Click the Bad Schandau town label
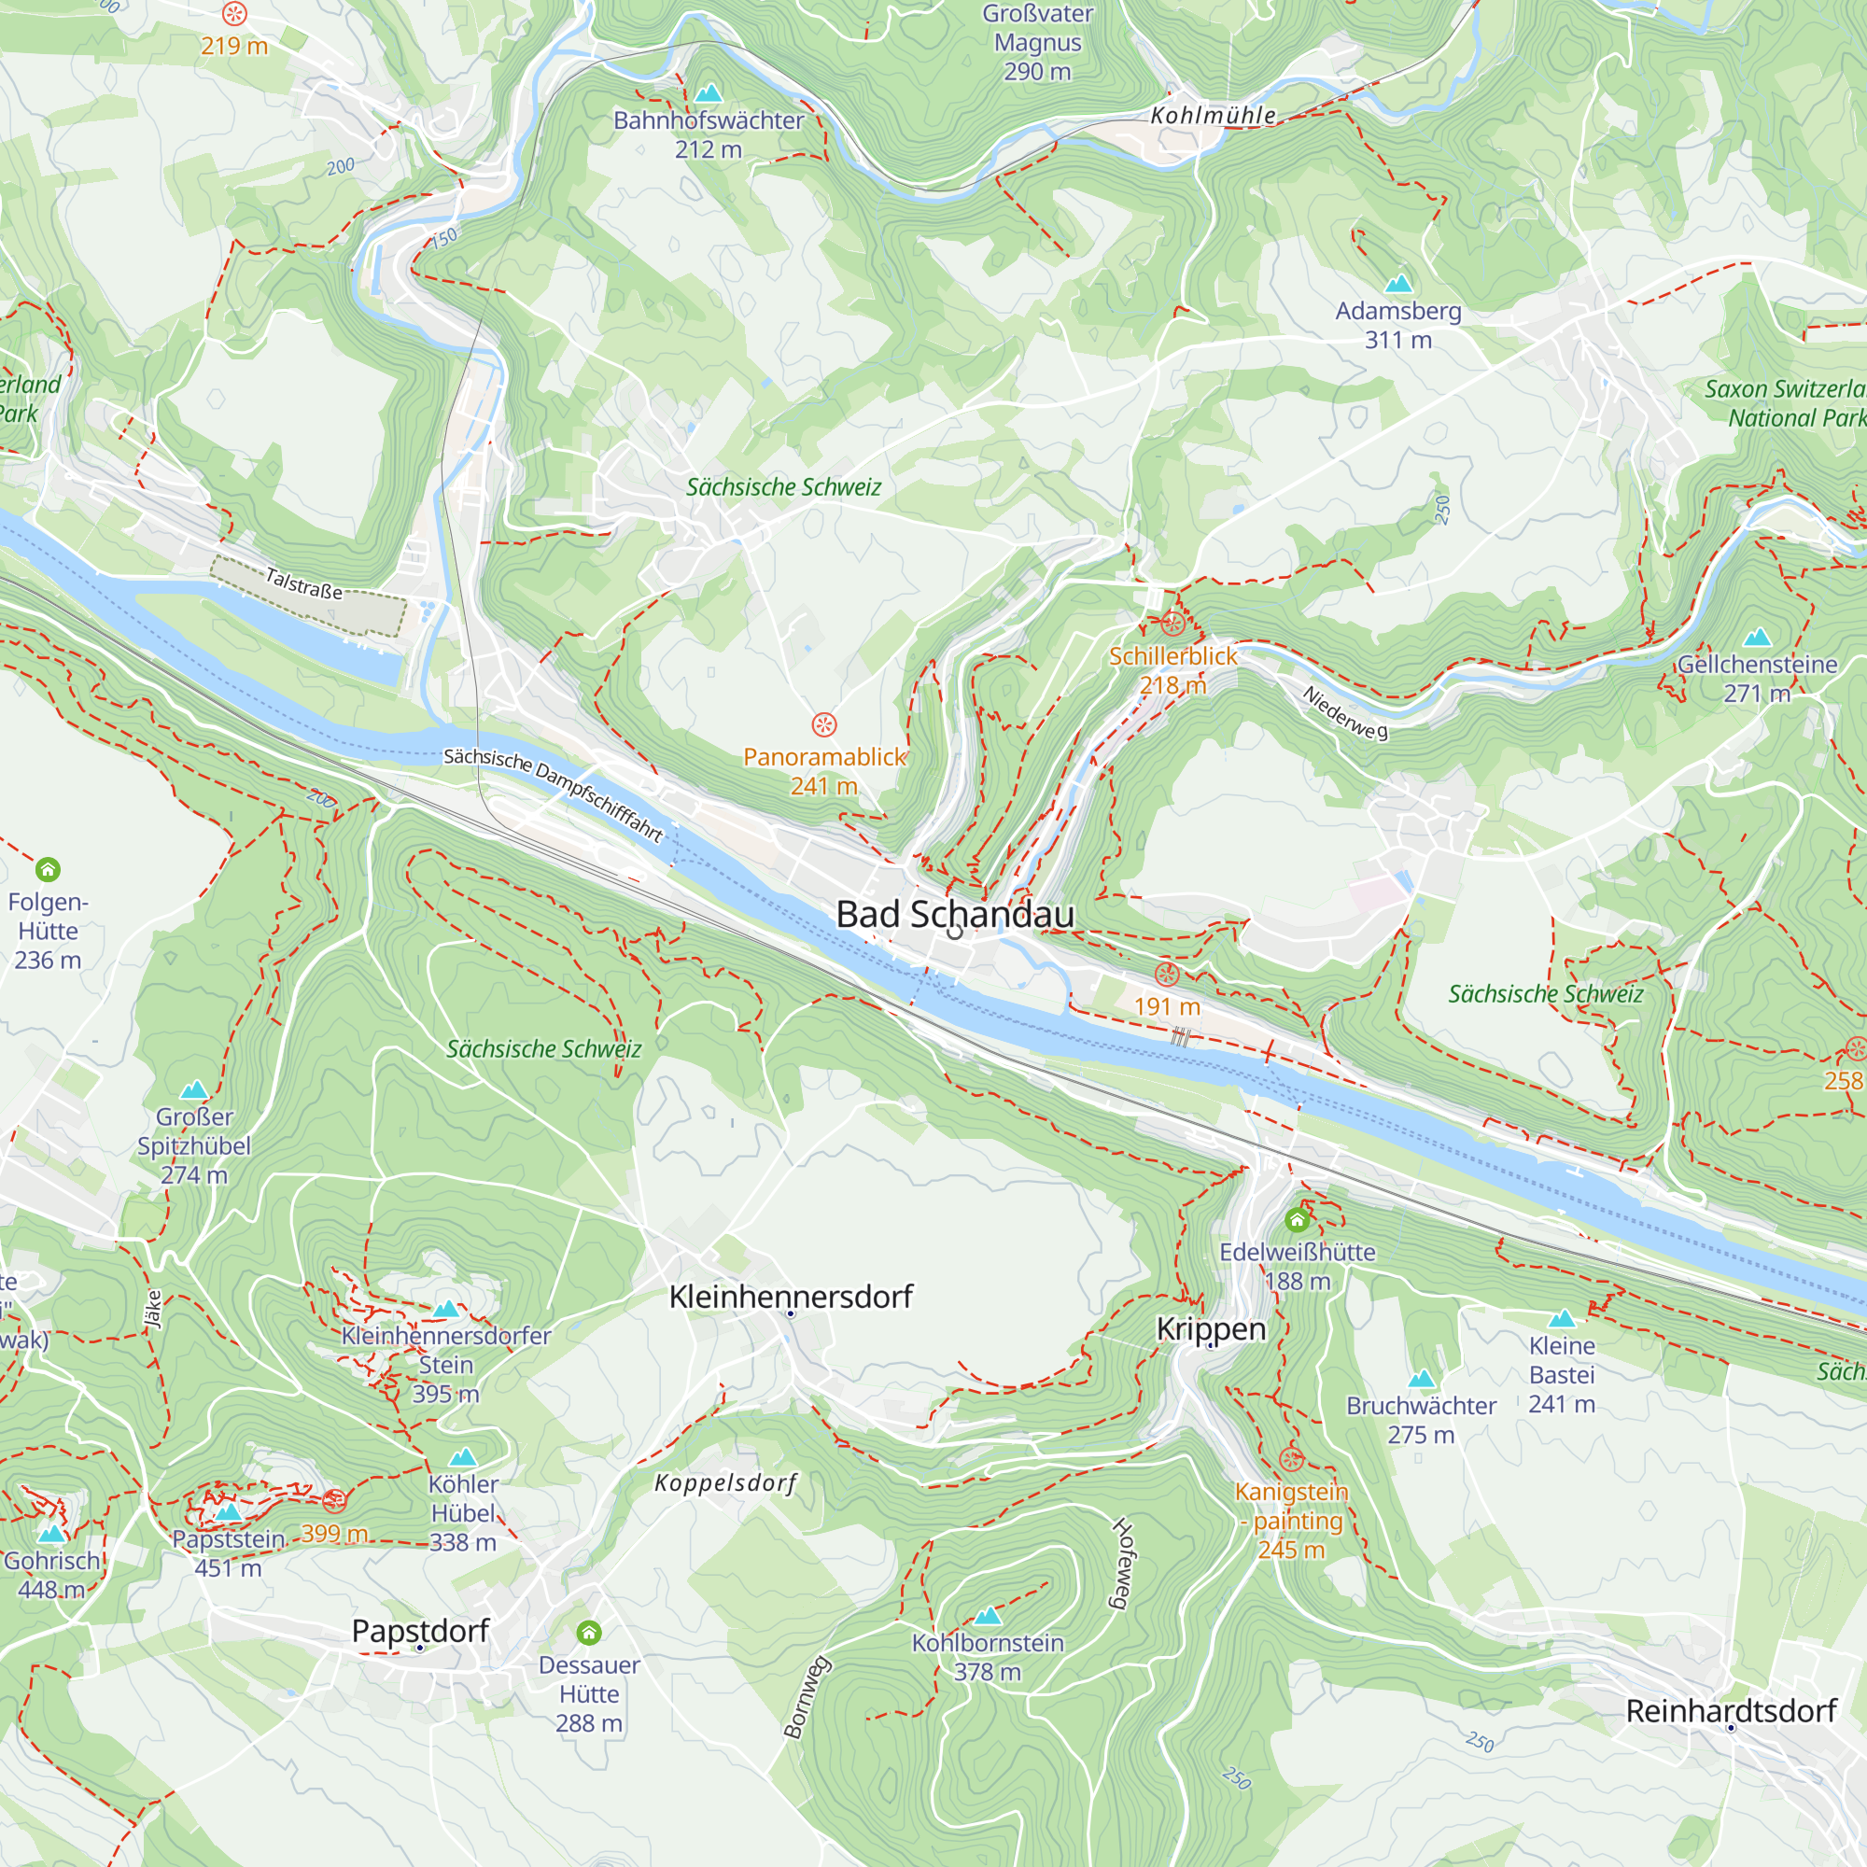coord(955,914)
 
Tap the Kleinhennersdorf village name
coord(791,1297)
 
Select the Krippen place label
coord(1211,1328)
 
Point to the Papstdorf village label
coord(420,1631)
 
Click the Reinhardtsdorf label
coord(1731,1711)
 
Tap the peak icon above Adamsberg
coord(1398,283)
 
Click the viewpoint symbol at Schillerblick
coord(1172,624)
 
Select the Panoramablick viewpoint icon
coord(823,723)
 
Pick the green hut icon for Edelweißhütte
coord(1297,1219)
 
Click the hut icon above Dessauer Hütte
coord(588,1633)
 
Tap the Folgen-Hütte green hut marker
coord(48,870)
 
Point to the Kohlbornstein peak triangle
coord(987,1616)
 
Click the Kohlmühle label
coord(1213,116)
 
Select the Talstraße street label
coord(303,583)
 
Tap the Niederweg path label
coord(1345,712)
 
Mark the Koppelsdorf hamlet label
coord(725,1483)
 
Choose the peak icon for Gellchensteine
coord(1757,637)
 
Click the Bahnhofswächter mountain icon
coord(709,92)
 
